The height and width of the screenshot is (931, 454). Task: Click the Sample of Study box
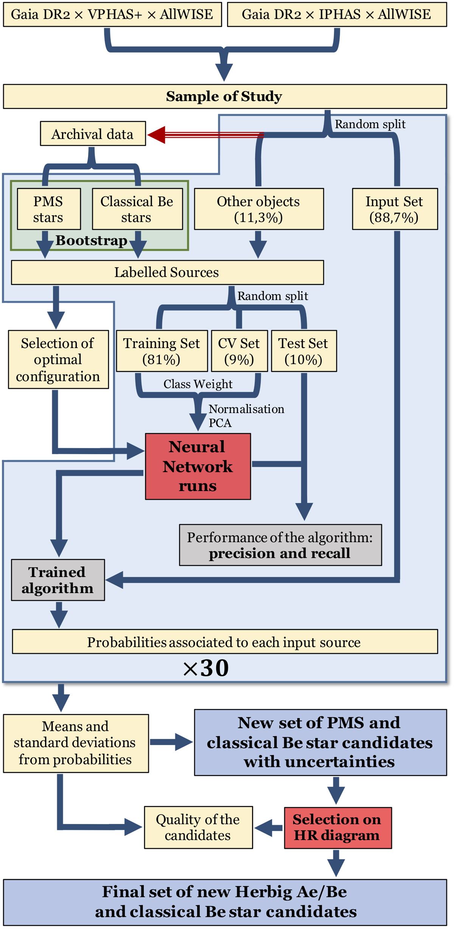click(x=225, y=96)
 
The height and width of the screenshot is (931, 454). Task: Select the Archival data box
click(x=93, y=134)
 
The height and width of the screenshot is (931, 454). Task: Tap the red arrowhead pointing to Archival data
click(x=157, y=135)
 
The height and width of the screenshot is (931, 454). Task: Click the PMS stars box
click(x=49, y=209)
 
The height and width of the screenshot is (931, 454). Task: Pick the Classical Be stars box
click(x=137, y=209)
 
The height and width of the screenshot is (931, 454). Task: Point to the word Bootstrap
click(x=92, y=241)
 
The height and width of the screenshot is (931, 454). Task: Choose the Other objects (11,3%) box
click(x=259, y=209)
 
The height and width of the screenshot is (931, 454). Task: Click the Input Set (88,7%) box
click(x=395, y=209)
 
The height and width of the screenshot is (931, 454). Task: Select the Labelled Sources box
click(x=167, y=272)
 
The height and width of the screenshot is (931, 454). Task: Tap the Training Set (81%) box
click(x=162, y=351)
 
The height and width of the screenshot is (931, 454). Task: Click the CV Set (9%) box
click(x=239, y=351)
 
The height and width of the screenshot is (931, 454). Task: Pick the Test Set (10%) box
click(x=304, y=351)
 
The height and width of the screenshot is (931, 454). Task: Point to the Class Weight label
click(x=198, y=384)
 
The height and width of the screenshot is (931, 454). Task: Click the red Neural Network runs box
click(x=198, y=466)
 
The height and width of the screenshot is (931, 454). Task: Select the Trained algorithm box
click(x=58, y=580)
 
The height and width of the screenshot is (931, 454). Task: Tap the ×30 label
click(x=206, y=668)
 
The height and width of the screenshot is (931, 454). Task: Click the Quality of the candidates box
click(x=198, y=827)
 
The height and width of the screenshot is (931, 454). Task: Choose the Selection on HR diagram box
click(x=337, y=827)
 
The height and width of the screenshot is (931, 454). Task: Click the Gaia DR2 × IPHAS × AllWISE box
click(x=337, y=14)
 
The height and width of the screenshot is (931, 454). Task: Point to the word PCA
click(x=220, y=423)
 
